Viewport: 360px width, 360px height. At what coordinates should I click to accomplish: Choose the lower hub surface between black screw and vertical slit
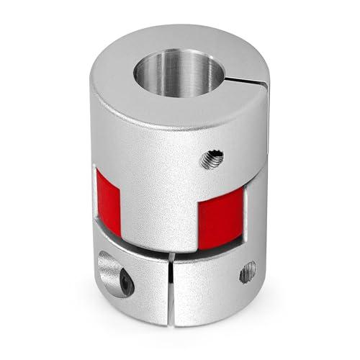pyautogui.click(x=150, y=288)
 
